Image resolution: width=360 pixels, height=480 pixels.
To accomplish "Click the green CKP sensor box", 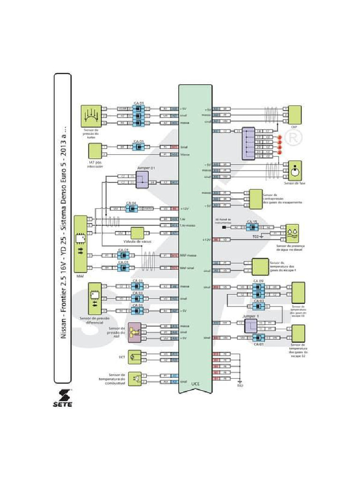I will click(295, 114).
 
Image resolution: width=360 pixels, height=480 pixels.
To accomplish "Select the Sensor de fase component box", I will click(295, 170).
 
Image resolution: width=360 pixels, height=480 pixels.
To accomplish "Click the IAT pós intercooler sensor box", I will click(95, 150).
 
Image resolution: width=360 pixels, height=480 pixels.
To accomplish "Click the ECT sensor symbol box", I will click(134, 357).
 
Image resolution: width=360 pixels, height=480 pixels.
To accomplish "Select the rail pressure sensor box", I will click(135, 332).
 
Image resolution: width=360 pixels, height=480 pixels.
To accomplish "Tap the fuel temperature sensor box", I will click(136, 378).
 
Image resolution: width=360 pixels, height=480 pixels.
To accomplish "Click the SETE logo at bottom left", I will click(62, 393).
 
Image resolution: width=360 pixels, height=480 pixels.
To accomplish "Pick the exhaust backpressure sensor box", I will click(255, 199).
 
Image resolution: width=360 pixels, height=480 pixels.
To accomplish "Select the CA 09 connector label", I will click(258, 281).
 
